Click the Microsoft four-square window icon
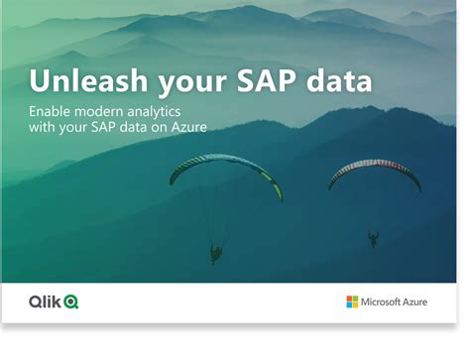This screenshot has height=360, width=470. [x=352, y=301]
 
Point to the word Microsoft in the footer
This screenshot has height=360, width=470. [x=382, y=301]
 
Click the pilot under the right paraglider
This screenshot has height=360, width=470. [x=373, y=239]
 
